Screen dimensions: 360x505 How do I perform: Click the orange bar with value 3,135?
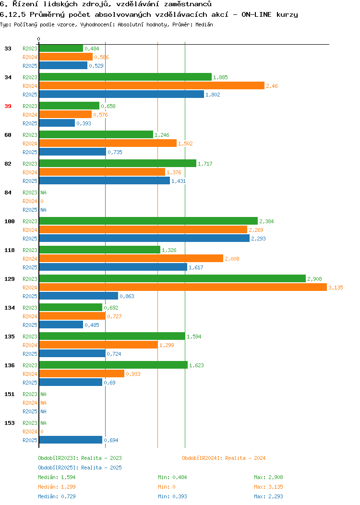click(x=183, y=287)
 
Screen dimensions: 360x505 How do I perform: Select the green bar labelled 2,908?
click(x=172, y=278)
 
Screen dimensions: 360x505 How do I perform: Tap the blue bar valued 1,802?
click(x=121, y=95)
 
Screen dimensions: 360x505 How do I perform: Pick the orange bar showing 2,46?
click(x=152, y=85)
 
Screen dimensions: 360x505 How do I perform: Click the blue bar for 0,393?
click(x=57, y=123)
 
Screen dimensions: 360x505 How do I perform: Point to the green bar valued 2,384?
click(x=148, y=221)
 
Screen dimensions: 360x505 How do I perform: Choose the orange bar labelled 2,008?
click(x=131, y=258)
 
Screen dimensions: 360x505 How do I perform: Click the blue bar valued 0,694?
click(x=71, y=440)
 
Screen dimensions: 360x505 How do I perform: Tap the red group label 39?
click(x=8, y=106)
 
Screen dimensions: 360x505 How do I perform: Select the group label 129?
click(x=10, y=279)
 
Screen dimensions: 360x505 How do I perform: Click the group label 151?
click(x=10, y=394)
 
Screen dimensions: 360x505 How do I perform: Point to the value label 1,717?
click(x=205, y=164)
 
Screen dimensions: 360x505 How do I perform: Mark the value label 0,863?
click(x=127, y=296)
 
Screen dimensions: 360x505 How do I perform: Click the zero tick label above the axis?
click(x=39, y=39)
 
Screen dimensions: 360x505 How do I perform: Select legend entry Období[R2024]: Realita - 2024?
click(x=224, y=458)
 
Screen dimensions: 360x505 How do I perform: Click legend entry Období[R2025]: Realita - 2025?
click(x=80, y=468)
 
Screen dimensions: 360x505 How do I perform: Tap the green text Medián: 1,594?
click(x=57, y=477)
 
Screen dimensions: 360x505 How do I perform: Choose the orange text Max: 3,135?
click(x=268, y=487)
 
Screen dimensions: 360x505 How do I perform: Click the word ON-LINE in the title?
click(x=256, y=14)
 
